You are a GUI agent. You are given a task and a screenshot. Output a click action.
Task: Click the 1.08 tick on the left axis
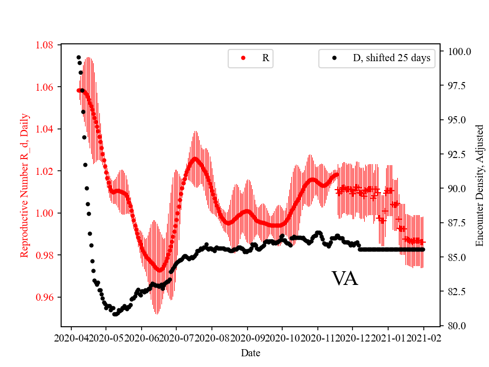point(45,45)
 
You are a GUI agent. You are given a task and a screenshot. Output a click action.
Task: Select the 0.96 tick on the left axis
point(45,297)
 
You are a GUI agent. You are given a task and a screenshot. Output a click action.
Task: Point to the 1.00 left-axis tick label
point(45,213)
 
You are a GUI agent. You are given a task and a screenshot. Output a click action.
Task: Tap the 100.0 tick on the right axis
point(459,51)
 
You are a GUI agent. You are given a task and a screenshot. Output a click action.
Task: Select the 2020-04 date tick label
point(71,337)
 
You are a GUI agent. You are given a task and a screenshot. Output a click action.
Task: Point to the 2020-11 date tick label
point(317,337)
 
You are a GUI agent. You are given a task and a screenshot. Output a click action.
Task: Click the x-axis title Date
point(251,352)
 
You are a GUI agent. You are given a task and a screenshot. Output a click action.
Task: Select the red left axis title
point(24,186)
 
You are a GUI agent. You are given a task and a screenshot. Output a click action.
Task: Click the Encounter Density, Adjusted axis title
point(479,186)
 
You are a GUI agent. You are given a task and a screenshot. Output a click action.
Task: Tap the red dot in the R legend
point(243,58)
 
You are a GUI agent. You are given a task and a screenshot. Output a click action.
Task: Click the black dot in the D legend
point(334,58)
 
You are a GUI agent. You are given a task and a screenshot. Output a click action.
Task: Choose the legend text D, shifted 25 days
point(391,58)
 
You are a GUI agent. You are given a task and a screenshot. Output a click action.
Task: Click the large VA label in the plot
point(345,279)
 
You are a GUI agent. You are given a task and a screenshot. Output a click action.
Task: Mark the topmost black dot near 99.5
point(78,57)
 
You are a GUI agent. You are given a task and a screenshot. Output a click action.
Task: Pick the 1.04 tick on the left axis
point(45,129)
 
